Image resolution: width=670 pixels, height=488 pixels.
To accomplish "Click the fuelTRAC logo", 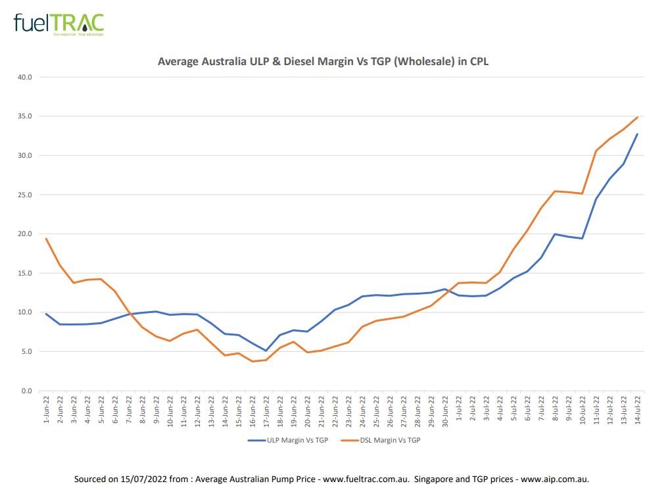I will tap(59, 23).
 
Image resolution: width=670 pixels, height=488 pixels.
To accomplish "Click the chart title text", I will tap(323, 62).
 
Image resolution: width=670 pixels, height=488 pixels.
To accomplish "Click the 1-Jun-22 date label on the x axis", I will tap(47, 408).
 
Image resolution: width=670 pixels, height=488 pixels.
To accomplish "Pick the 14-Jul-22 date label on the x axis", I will tap(637, 408).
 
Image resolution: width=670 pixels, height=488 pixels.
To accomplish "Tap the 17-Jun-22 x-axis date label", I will tap(266, 408).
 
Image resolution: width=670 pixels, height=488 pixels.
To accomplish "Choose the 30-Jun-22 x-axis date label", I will tap(444, 408).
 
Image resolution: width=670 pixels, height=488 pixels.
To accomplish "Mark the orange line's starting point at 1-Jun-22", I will tap(46, 239).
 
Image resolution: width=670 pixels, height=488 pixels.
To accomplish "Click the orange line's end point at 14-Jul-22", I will tap(637, 118).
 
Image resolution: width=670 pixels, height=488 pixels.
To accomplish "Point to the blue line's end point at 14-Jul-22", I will tap(637, 134).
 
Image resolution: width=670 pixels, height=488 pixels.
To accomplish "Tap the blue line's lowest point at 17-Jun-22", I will tap(266, 351).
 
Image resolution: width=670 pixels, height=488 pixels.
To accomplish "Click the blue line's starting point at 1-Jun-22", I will tap(46, 314).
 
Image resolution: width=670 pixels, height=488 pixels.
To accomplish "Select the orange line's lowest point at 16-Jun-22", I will tap(252, 361).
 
